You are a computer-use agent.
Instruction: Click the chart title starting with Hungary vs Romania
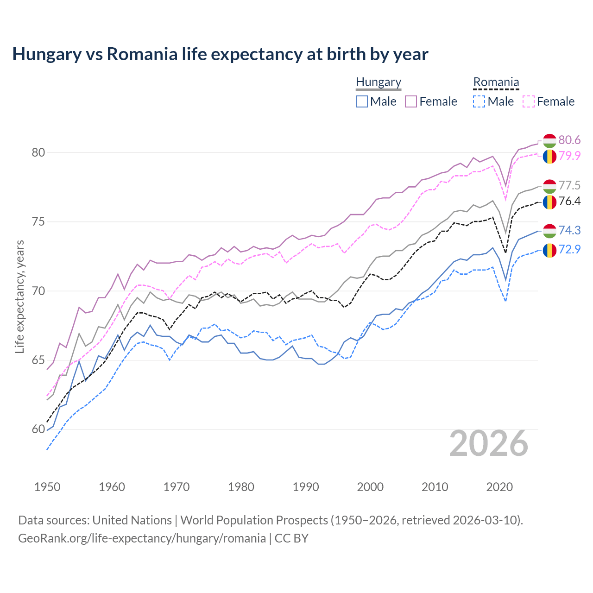pyautogui.click(x=220, y=54)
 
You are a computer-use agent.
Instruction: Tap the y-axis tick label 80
pyautogui.click(x=38, y=152)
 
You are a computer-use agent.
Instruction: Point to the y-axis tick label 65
pyautogui.click(x=38, y=360)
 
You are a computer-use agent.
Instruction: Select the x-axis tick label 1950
pyautogui.click(x=47, y=487)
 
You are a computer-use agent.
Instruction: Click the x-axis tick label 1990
pyautogui.click(x=306, y=487)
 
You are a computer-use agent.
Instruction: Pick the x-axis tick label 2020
pyautogui.click(x=499, y=487)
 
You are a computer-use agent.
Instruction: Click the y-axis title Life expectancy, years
pyautogui.click(x=19, y=296)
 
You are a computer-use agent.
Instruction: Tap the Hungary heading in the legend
pyautogui.click(x=379, y=82)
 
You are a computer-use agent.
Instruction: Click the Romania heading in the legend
pyautogui.click(x=496, y=82)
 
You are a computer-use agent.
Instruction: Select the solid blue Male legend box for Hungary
pyautogui.click(x=362, y=101)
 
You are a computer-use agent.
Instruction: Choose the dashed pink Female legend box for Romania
pyautogui.click(x=529, y=101)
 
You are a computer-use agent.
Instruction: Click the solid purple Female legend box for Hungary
pyautogui.click(x=411, y=101)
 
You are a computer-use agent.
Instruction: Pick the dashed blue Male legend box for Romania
pyautogui.click(x=479, y=101)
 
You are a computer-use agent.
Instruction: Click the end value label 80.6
pyautogui.click(x=569, y=140)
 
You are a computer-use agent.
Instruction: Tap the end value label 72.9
pyautogui.click(x=569, y=249)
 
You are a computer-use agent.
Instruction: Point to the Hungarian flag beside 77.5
pyautogui.click(x=549, y=186)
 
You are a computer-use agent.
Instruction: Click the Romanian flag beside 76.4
pyautogui.click(x=549, y=202)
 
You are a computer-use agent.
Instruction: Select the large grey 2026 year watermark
pyautogui.click(x=489, y=443)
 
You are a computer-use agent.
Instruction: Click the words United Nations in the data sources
pyautogui.click(x=132, y=520)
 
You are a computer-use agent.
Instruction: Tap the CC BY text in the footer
pyautogui.click(x=291, y=538)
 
